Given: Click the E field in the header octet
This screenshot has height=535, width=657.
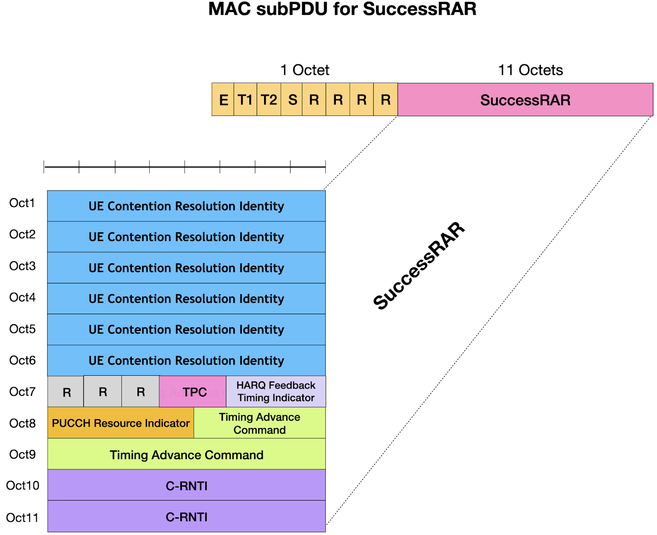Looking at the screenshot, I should pyautogui.click(x=223, y=100).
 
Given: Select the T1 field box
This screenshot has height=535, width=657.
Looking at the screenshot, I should pyautogui.click(x=245, y=100).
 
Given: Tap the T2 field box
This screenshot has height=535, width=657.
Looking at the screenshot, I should pyautogui.click(x=269, y=100).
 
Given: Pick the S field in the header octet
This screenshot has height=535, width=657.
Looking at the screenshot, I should pyautogui.click(x=292, y=100).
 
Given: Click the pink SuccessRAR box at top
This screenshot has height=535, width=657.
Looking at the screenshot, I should pyautogui.click(x=525, y=100).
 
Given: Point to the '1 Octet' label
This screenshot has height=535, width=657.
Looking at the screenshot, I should pyautogui.click(x=305, y=70).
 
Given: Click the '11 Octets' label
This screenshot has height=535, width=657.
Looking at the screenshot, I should pyautogui.click(x=530, y=70).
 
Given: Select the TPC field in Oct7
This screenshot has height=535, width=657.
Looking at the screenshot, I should pyautogui.click(x=193, y=392).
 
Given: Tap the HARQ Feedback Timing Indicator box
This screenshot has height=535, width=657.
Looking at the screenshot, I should pyautogui.click(x=276, y=391).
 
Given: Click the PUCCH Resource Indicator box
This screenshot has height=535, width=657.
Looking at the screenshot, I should pyautogui.click(x=121, y=423).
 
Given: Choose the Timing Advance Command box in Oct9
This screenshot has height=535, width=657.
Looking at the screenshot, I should pyautogui.click(x=186, y=455).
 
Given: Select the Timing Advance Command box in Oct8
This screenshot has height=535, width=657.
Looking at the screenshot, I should pyautogui.click(x=260, y=423).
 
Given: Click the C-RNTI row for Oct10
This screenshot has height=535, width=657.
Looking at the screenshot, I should pyautogui.click(x=186, y=486).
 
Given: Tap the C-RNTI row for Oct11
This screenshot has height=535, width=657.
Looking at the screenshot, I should pyautogui.click(x=186, y=517).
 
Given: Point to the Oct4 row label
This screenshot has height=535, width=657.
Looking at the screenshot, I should pyautogui.click(x=23, y=297).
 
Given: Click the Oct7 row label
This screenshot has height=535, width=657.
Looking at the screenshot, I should pyautogui.click(x=23, y=392).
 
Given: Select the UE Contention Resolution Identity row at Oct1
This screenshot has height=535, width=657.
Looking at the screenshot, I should pyautogui.click(x=186, y=206).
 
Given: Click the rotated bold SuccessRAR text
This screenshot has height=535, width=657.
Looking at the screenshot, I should pyautogui.click(x=419, y=266).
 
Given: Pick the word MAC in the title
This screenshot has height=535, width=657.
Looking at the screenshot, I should pyautogui.click(x=229, y=9).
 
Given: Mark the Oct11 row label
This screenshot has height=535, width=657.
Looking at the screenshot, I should pyautogui.click(x=22, y=518).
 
